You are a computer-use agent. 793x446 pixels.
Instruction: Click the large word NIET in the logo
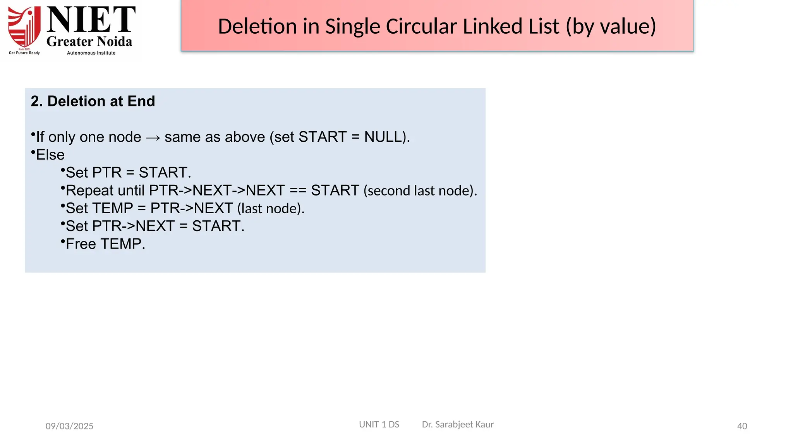pyautogui.click(x=91, y=20)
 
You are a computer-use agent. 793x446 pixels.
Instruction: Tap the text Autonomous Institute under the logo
pyautogui.click(x=91, y=53)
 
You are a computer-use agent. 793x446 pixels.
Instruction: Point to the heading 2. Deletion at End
pyautogui.click(x=93, y=101)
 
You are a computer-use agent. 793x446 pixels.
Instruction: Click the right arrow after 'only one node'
pyautogui.click(x=153, y=137)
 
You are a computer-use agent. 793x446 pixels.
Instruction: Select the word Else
pyautogui.click(x=50, y=155)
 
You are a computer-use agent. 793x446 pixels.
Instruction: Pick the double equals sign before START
pyautogui.click(x=298, y=190)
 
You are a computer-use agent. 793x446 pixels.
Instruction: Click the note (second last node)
pyautogui.click(x=420, y=191)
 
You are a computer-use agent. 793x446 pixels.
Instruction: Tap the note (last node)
pyautogui.click(x=271, y=209)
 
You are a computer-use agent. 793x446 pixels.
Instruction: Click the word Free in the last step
pyautogui.click(x=81, y=244)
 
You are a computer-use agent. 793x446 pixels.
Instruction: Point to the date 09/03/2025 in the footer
pyautogui.click(x=69, y=426)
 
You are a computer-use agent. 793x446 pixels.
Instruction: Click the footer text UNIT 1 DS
pyautogui.click(x=379, y=425)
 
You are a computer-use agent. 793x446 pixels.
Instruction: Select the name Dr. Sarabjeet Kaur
pyautogui.click(x=458, y=425)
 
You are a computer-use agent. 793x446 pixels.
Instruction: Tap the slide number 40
pyautogui.click(x=742, y=426)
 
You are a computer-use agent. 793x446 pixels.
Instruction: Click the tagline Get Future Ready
pyautogui.click(x=24, y=53)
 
